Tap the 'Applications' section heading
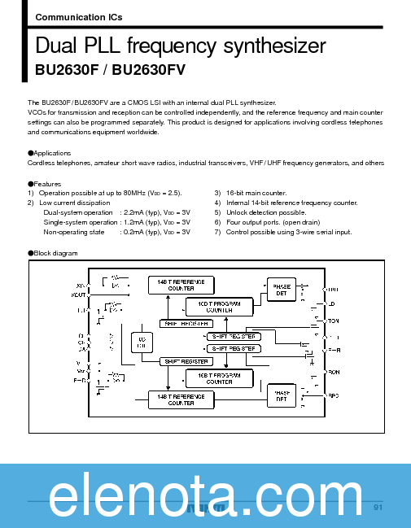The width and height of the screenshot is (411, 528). click(x=52, y=153)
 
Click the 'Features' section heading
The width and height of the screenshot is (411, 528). click(x=47, y=184)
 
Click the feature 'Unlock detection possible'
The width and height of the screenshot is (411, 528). click(x=266, y=212)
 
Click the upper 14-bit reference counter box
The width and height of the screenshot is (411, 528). click(x=181, y=285)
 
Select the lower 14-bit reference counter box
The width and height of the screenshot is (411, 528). click(x=181, y=399)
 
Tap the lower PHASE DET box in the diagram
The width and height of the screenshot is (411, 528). click(x=282, y=394)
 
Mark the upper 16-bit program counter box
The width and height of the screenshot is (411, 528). click(x=219, y=306)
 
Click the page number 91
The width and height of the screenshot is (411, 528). click(x=378, y=508)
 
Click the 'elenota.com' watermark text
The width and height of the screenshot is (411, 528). click(x=205, y=495)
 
